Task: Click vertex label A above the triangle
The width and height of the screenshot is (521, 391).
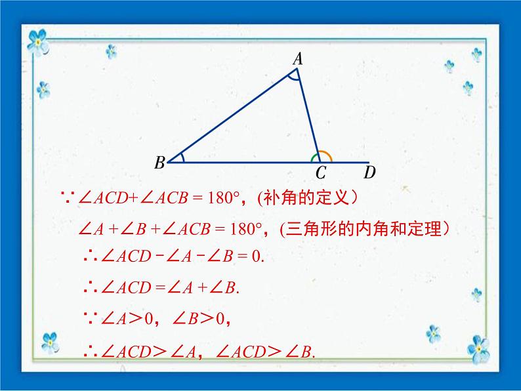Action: (297, 59)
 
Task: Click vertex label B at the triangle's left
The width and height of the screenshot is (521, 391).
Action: (159, 163)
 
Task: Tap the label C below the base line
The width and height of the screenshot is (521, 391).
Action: (320, 174)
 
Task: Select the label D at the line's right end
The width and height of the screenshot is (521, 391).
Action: (370, 173)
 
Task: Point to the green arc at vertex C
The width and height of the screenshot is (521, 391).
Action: (314, 157)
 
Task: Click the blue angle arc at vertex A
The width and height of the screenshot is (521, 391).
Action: (294, 77)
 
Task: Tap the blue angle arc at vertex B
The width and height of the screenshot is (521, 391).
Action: (182, 157)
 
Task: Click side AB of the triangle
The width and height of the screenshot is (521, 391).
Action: (230, 114)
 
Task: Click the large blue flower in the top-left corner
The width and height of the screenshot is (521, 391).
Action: (39, 41)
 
